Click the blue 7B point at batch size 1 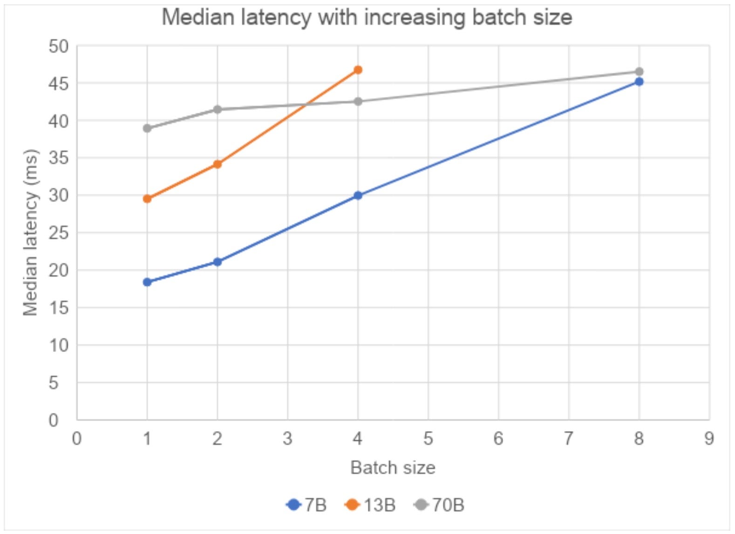click(x=147, y=282)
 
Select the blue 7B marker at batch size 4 click(x=358, y=195)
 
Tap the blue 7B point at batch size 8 click(x=639, y=82)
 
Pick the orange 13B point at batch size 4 click(x=358, y=70)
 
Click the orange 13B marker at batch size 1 click(x=147, y=199)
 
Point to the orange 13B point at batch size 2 click(x=217, y=164)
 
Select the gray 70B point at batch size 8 click(x=639, y=71)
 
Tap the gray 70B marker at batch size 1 click(x=147, y=128)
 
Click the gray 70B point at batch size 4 click(x=358, y=102)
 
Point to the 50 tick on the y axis click(x=59, y=46)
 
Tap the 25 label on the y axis click(x=59, y=233)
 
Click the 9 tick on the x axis click(x=709, y=438)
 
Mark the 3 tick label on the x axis click(x=287, y=438)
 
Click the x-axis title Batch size click(x=393, y=467)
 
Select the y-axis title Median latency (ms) click(x=31, y=232)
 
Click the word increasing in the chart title click(x=414, y=18)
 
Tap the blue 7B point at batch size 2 click(x=217, y=262)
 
